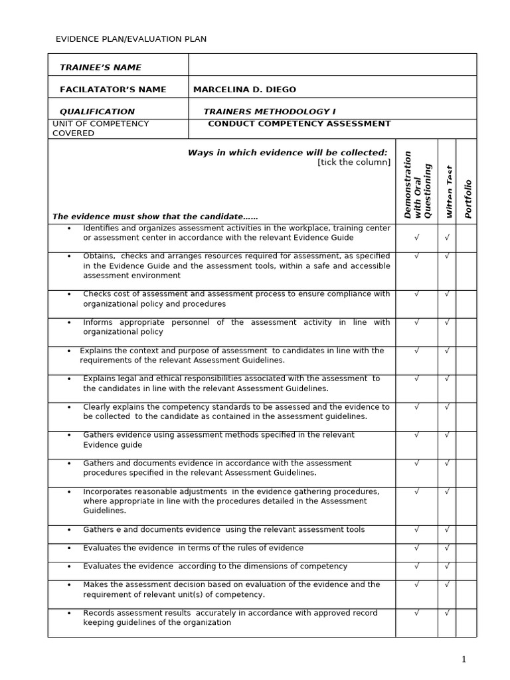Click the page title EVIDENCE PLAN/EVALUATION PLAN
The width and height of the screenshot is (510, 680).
point(131,39)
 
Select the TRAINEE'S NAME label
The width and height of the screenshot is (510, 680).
point(100,67)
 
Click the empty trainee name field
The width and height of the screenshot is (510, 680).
point(332,65)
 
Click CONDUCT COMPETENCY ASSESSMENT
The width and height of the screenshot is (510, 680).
point(299,124)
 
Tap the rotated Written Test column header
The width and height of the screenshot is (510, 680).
point(448,193)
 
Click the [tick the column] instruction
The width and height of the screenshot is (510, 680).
point(354,162)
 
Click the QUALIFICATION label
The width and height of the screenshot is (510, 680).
point(97,112)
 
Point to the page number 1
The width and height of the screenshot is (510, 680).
point(464,659)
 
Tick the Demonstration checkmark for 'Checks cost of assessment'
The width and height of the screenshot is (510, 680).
point(416,294)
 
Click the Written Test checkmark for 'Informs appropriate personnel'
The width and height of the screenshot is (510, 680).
point(447,322)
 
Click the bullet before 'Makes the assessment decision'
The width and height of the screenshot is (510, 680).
point(69,585)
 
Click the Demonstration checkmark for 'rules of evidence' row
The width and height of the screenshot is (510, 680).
point(416,548)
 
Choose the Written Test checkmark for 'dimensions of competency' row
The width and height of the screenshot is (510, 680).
point(447,566)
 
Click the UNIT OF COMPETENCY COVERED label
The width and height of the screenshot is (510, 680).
point(100,128)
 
